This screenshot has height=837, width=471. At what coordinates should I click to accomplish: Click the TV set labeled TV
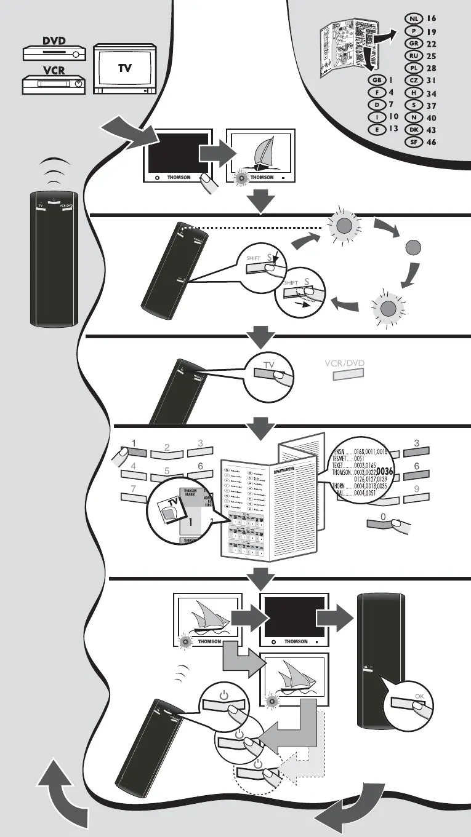tap(125, 69)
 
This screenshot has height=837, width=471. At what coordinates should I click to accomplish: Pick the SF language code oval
tap(414, 142)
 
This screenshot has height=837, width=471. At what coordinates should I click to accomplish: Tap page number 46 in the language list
tap(431, 142)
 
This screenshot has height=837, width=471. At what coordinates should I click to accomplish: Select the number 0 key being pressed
tap(382, 523)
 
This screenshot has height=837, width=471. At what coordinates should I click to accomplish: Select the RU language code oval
tap(414, 55)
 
